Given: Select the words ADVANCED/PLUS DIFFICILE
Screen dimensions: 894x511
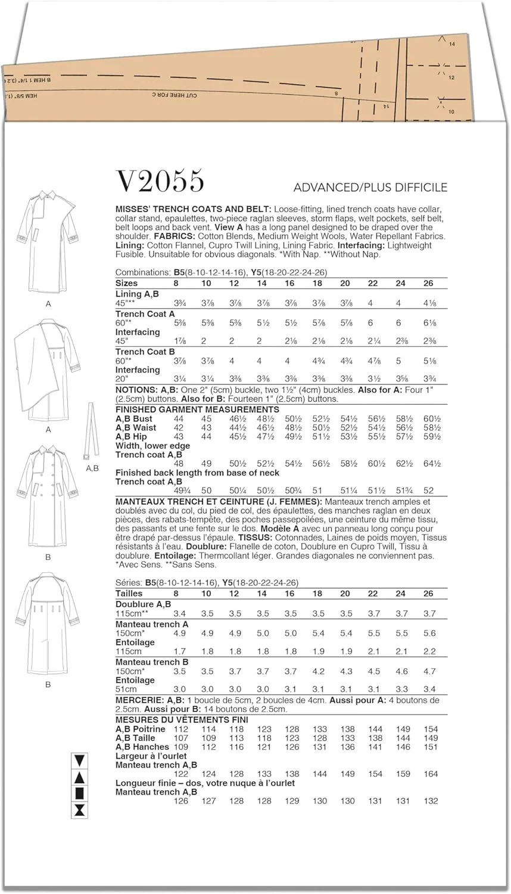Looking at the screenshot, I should point(370,188).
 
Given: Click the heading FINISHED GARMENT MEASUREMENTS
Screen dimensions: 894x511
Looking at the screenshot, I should point(197,409).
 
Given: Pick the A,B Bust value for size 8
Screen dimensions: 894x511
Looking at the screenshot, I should point(178,419).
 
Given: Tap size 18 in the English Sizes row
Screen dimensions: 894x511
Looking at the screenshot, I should point(317,283).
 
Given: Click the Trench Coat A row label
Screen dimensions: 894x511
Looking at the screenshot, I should point(145,314).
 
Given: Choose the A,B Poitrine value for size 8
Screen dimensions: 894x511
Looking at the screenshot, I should point(180,729).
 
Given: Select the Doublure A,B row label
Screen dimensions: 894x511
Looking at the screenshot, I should point(143,604).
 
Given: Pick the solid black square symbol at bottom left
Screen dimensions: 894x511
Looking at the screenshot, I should point(79,794).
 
